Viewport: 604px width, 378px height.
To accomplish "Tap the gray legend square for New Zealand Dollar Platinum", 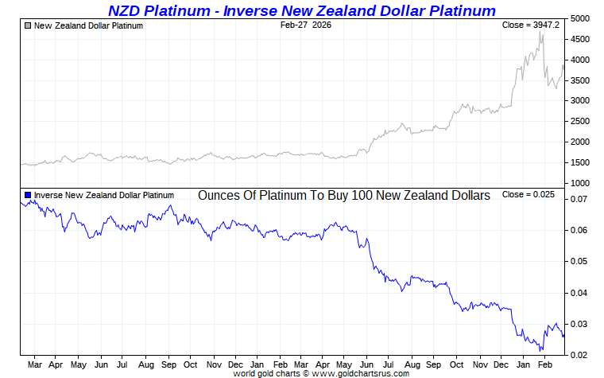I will tap(29, 25).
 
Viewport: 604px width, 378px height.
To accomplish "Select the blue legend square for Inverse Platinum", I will tap(29, 195).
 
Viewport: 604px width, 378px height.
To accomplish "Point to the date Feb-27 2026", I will tap(306, 25).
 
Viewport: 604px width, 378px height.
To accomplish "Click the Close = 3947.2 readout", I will tap(531, 25).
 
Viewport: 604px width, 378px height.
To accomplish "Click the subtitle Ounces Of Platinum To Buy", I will tap(343, 195).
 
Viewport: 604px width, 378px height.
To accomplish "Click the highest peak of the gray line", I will tap(540, 33).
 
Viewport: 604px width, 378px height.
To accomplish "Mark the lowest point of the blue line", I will tap(541, 350).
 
